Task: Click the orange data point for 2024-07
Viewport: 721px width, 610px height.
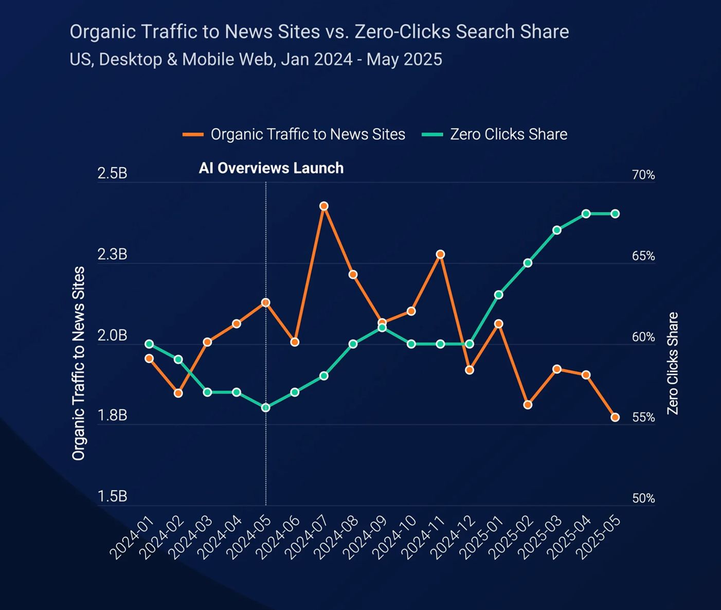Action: [323, 206]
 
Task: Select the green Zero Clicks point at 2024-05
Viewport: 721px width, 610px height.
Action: [266, 407]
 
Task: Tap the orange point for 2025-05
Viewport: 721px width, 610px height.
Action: [615, 417]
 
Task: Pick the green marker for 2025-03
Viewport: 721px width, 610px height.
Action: [556, 230]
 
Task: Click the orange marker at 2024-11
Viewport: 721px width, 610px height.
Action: [440, 254]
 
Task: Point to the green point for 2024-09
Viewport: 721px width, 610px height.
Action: [382, 327]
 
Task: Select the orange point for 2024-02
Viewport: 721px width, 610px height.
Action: [178, 393]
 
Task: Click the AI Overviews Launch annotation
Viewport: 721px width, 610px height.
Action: [271, 168]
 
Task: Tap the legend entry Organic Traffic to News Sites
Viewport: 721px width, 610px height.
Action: [308, 134]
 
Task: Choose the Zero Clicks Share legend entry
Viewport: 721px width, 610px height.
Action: [508, 134]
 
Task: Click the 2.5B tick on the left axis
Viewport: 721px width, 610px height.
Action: [112, 173]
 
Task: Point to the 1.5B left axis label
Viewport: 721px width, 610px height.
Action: [112, 496]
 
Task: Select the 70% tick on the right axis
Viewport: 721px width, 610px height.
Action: [643, 175]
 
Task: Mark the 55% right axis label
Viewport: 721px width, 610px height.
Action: [643, 417]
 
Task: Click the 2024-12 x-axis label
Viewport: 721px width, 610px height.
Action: [448, 537]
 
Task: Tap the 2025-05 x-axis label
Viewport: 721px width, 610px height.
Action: [598, 537]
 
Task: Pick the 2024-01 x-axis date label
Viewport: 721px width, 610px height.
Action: [132, 537]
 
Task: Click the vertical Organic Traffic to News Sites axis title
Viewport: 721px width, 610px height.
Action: [79, 363]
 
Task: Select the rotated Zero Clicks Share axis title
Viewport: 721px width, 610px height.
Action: [673, 363]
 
